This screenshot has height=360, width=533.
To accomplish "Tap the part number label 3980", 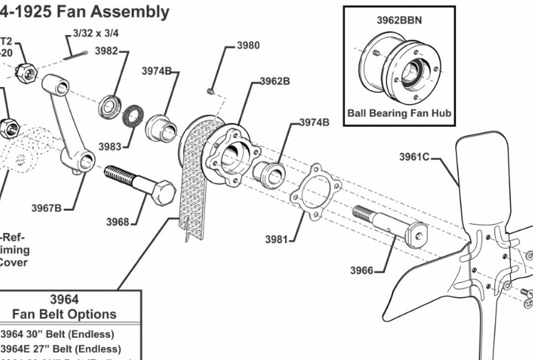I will pos(248,46).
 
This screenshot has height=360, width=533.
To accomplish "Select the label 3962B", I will pos(274,81).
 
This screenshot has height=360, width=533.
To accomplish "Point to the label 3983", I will pos(110,146).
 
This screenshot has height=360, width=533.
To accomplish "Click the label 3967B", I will pos(46,208).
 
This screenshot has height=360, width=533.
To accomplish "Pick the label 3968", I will pos(118,222).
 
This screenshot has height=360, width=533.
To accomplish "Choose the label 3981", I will pos(276,240).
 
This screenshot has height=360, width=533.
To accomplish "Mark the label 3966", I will pos(361,270).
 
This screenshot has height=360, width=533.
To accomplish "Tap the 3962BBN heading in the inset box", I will pos(400,20).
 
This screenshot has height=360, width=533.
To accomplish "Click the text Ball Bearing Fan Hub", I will pos(399,113).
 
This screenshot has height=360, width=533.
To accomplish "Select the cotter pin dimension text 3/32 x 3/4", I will pos(95,33).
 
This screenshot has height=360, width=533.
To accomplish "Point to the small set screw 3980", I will pos(211,91).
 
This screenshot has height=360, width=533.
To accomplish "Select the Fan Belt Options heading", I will pos(65,314).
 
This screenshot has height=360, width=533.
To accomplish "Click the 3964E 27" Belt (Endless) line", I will pos(61,349).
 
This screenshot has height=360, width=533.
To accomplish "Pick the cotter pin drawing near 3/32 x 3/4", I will pos(75,50).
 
